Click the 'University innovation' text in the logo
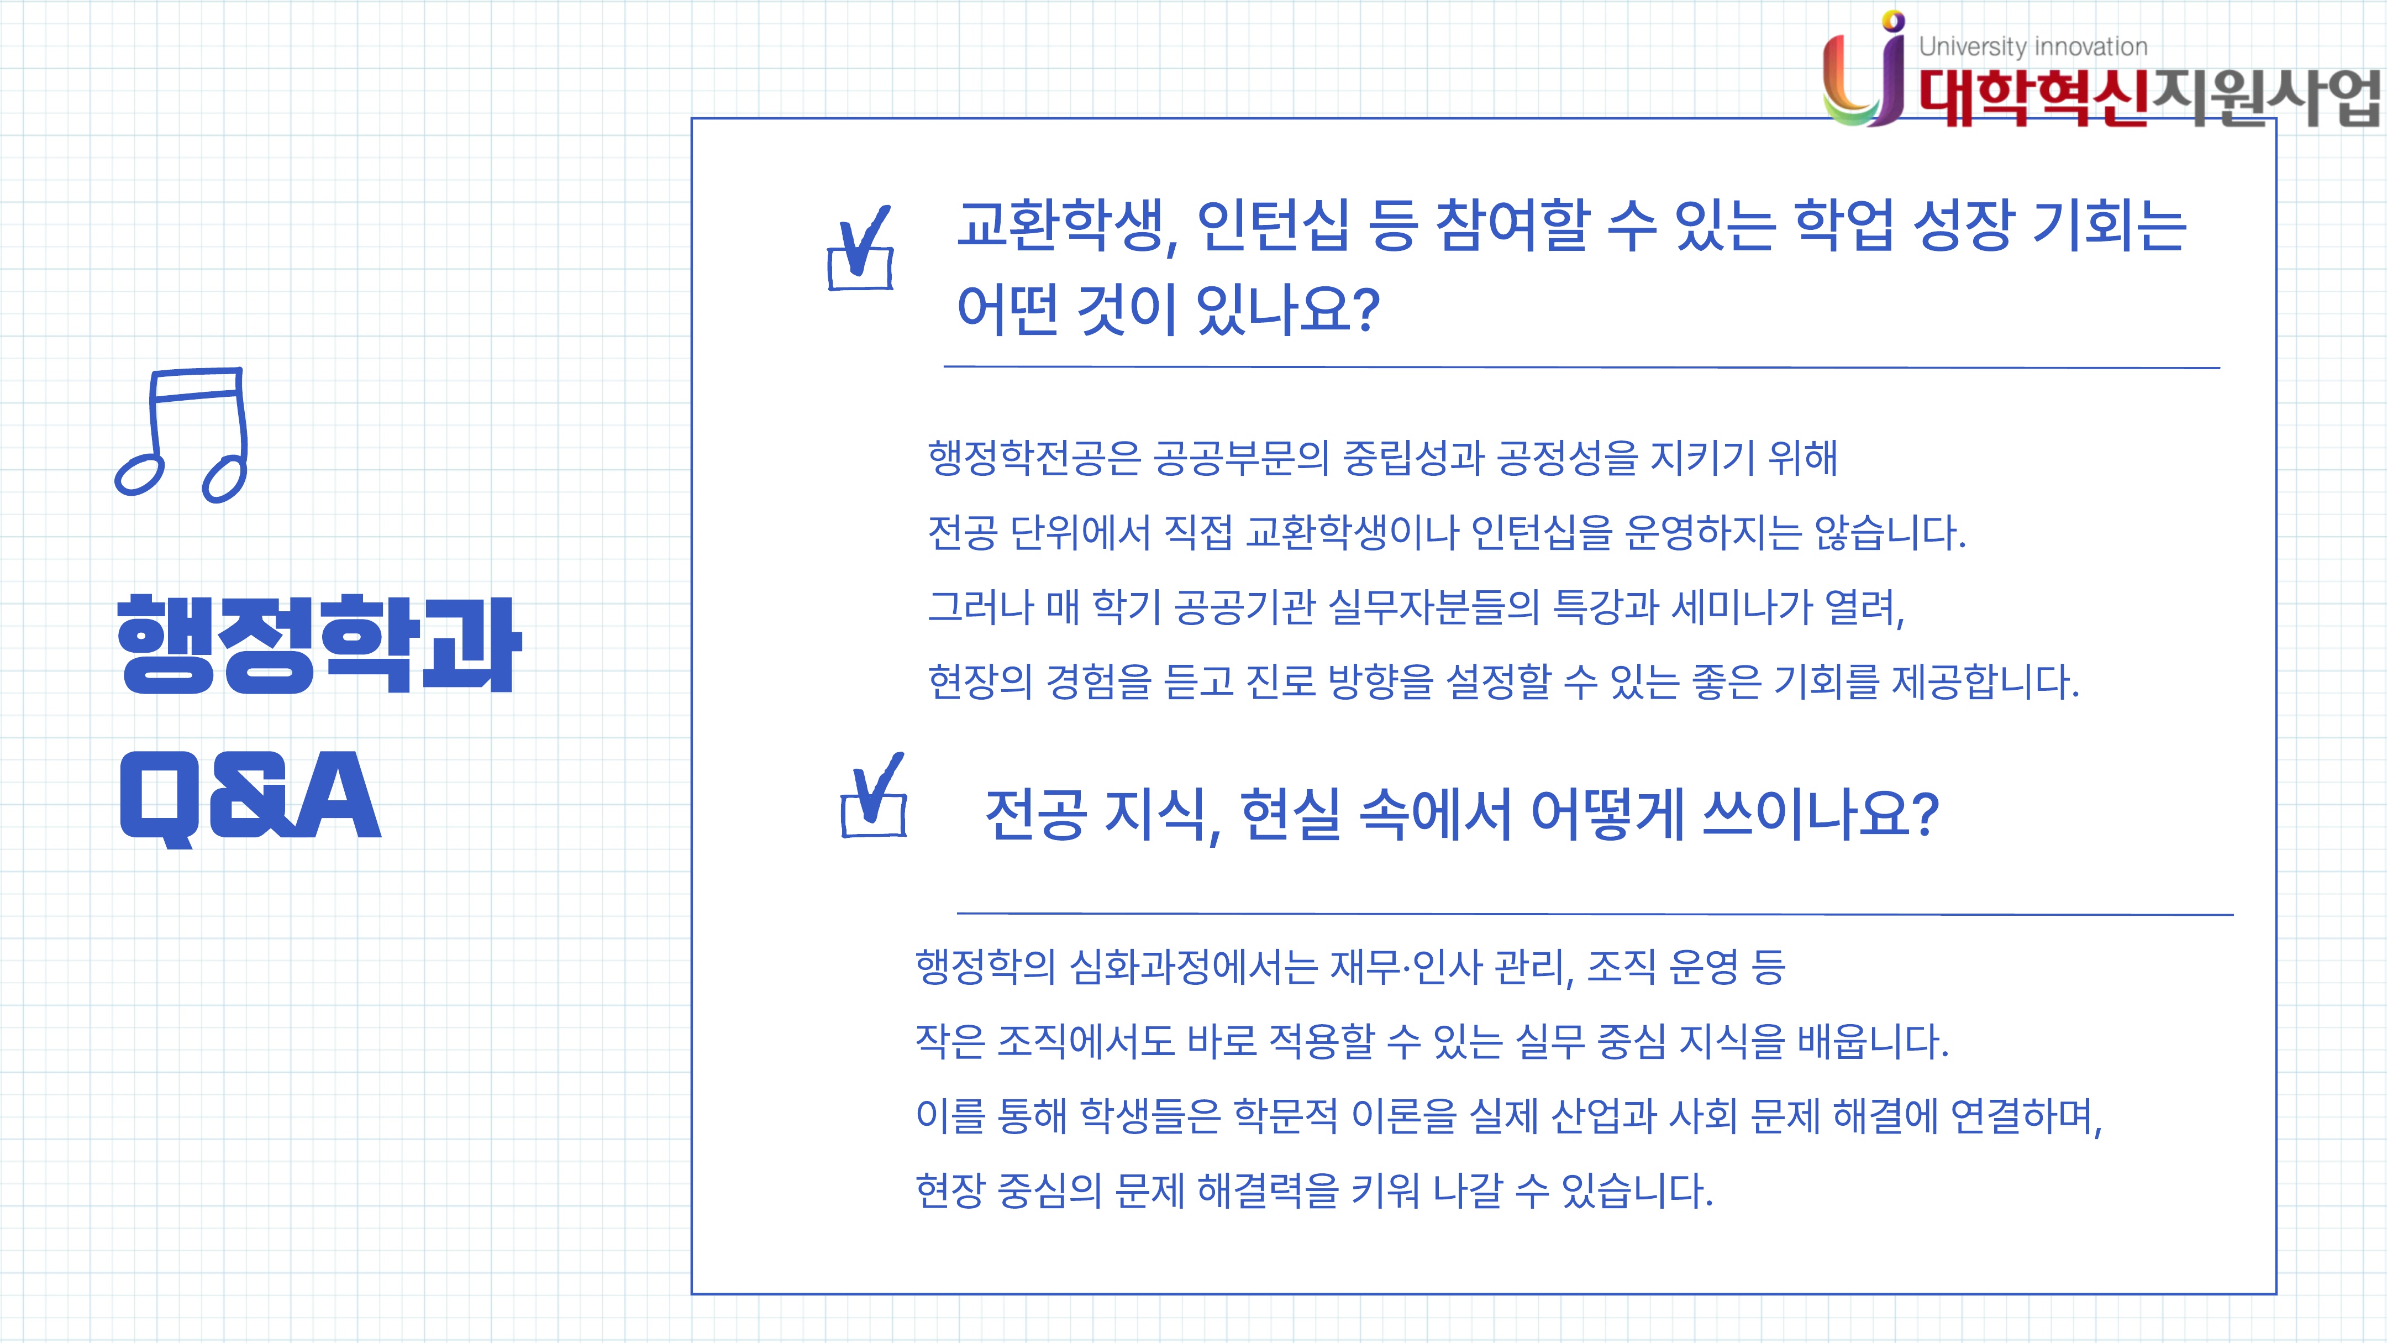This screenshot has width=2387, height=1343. point(2033,46)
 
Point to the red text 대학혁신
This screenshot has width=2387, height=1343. point(2033,97)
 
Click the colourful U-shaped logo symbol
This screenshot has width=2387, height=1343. point(1863,70)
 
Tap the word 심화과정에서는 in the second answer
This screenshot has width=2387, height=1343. point(1193,967)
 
